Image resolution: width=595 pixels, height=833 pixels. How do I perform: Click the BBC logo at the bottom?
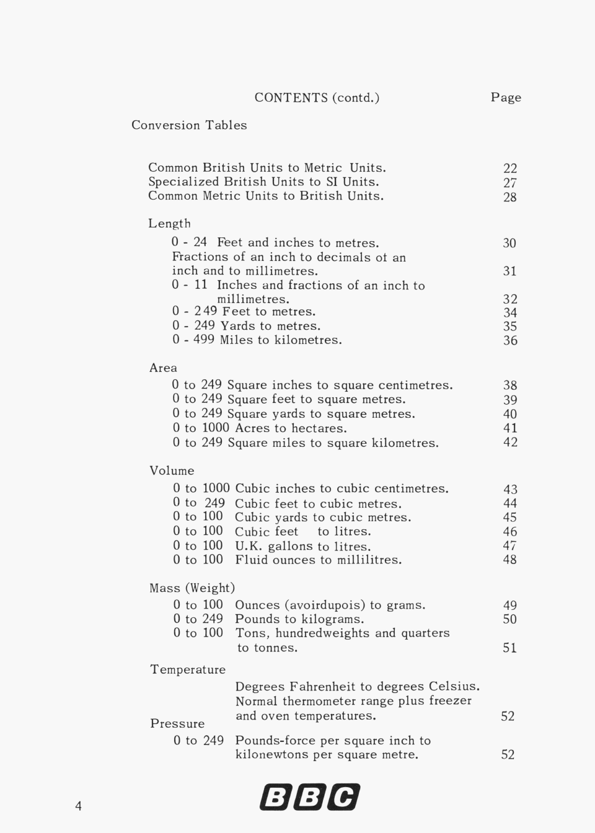pyautogui.click(x=310, y=797)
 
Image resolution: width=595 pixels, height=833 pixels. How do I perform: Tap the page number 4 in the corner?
pyautogui.click(x=78, y=806)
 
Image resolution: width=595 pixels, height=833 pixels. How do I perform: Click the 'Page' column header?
pyautogui.click(x=506, y=97)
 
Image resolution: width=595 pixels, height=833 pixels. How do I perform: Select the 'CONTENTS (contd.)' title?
pyautogui.click(x=317, y=97)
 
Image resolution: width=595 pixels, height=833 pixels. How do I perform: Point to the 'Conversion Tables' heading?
pyautogui.click(x=189, y=125)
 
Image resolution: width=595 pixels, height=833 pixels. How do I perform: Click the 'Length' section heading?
pyautogui.click(x=169, y=223)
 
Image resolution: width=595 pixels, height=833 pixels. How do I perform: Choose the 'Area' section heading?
pyautogui.click(x=163, y=368)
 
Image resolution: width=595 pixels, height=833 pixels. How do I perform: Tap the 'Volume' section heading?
pyautogui.click(x=172, y=470)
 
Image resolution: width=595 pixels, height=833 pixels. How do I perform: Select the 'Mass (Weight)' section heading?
pyautogui.click(x=192, y=588)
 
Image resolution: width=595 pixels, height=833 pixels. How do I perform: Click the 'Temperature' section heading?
pyautogui.click(x=188, y=669)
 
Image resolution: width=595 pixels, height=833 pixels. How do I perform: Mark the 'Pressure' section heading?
pyautogui.click(x=177, y=723)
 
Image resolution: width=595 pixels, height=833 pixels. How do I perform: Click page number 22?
pyautogui.click(x=509, y=169)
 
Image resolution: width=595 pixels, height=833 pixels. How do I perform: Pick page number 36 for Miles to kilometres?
pyautogui.click(x=509, y=340)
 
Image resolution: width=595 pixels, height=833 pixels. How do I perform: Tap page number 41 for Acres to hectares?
pyautogui.click(x=509, y=428)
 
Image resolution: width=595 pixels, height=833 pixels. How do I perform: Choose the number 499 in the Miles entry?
pyautogui.click(x=205, y=340)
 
